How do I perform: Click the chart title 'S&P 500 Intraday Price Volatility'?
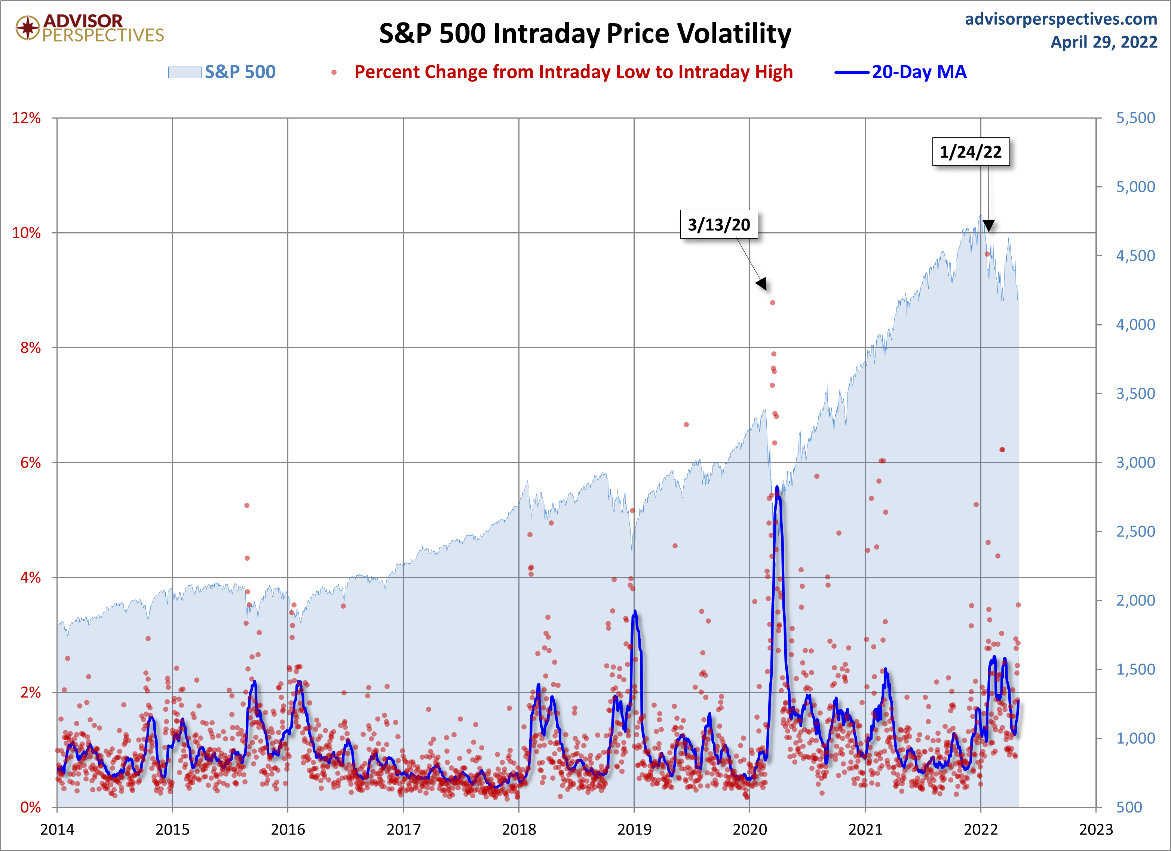(585, 34)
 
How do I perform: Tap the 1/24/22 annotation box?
(970, 152)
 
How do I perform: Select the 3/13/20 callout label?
(719, 225)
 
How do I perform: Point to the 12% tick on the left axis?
(26, 118)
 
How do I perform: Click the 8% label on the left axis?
(30, 348)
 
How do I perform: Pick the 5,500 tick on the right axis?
(1135, 118)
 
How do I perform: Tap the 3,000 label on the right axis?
(1135, 462)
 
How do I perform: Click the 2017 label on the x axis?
(403, 829)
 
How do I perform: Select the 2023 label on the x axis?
(1095, 829)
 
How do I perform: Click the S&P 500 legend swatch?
(184, 72)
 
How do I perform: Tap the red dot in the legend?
(334, 72)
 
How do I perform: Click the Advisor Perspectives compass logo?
(27, 28)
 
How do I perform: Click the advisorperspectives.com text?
(1061, 19)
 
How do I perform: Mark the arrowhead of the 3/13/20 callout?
(762, 284)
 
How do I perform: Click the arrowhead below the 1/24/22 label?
(988, 226)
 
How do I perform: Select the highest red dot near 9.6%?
(987, 254)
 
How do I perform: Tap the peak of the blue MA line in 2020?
(777, 487)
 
